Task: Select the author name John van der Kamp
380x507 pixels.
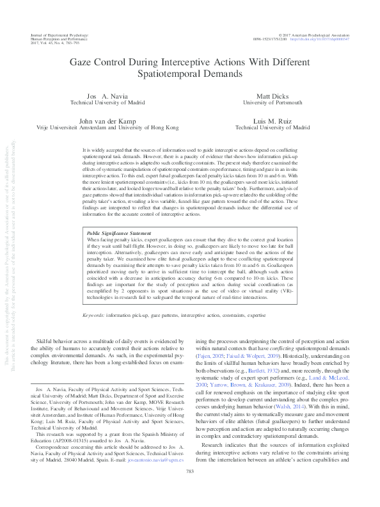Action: point(107,120)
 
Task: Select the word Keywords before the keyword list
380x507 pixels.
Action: point(94,316)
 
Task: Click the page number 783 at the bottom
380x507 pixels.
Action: point(189,489)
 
